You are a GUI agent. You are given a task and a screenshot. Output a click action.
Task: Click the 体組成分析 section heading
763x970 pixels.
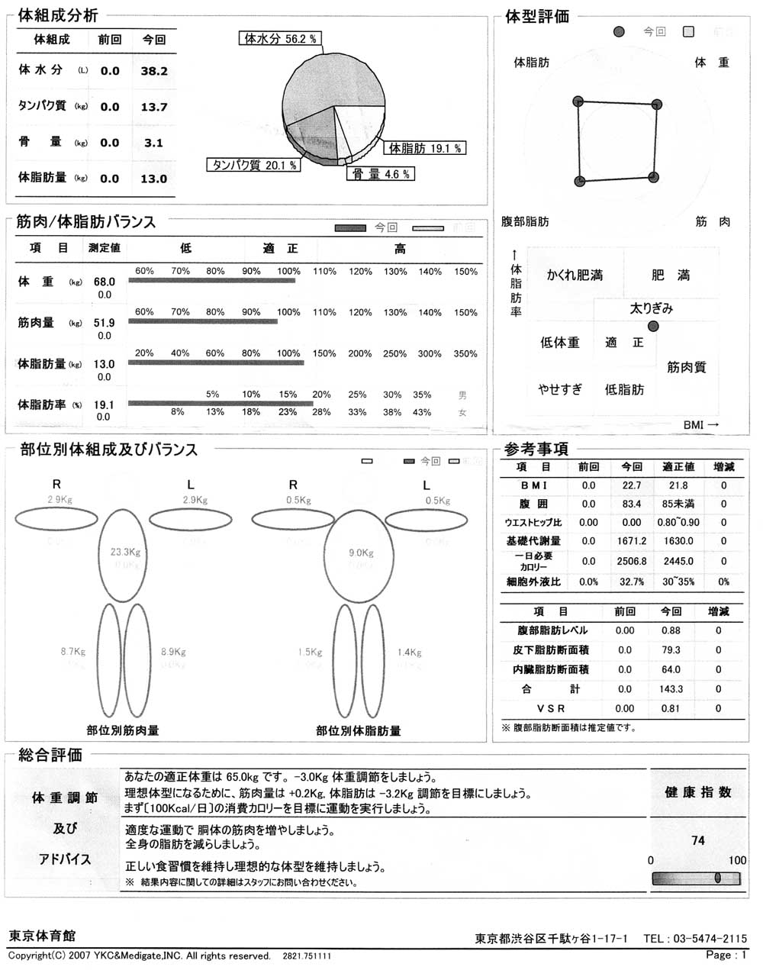point(57,15)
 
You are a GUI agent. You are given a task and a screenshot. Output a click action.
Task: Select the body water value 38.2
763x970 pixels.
point(154,71)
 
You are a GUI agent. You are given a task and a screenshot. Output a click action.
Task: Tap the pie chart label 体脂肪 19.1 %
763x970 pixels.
point(425,148)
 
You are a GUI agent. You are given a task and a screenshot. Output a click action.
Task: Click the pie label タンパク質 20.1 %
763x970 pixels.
point(253,165)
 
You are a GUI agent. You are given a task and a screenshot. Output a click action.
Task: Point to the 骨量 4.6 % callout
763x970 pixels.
point(381,174)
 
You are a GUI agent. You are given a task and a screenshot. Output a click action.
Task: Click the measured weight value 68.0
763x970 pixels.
point(105,282)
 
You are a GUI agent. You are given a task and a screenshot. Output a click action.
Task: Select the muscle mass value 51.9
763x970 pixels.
point(105,324)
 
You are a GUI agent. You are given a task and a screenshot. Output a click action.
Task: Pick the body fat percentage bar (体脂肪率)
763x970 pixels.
point(221,403)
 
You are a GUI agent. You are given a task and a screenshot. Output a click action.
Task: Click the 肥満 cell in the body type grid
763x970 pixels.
point(671,276)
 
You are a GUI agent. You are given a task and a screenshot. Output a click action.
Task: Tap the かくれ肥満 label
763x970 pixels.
point(575,276)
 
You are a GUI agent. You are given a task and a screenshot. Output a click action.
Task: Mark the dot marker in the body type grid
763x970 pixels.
point(652,327)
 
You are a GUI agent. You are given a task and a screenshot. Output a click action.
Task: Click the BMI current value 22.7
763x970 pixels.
point(632,485)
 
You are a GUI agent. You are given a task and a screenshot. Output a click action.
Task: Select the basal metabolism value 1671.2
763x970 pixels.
point(632,541)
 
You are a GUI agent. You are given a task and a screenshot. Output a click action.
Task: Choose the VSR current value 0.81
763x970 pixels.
point(671,708)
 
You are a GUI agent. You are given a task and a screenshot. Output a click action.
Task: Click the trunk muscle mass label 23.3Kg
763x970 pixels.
point(125,552)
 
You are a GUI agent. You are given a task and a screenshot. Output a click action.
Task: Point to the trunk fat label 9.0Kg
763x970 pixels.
point(361,553)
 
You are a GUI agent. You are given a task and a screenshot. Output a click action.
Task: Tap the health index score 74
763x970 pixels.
point(697,840)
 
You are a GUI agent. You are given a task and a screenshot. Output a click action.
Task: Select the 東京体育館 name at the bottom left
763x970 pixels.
point(42,936)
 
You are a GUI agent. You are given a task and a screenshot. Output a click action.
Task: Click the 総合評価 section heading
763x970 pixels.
point(50,756)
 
